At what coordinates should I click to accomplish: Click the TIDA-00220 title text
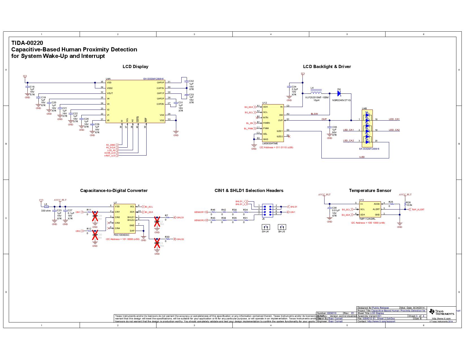point(27,43)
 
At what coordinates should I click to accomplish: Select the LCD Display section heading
point(135,67)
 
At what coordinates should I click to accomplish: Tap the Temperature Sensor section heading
point(370,191)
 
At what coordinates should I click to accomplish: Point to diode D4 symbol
point(339,93)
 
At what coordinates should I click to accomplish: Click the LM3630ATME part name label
point(270,143)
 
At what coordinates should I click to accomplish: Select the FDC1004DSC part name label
point(121,235)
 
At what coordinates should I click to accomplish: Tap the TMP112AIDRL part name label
point(367,219)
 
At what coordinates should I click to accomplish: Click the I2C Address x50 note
point(123,239)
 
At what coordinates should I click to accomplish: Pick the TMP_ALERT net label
point(418,210)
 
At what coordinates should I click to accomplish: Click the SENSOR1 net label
point(199,212)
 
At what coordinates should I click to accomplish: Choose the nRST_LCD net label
point(110,156)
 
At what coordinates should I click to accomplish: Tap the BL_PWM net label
point(249,129)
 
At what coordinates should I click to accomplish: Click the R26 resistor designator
point(408,202)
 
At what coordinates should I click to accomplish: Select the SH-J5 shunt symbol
point(282,227)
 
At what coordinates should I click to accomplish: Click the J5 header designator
point(263,219)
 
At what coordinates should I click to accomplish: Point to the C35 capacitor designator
point(334,127)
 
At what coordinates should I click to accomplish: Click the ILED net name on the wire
point(362,157)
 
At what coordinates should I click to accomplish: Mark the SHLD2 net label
point(180,239)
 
